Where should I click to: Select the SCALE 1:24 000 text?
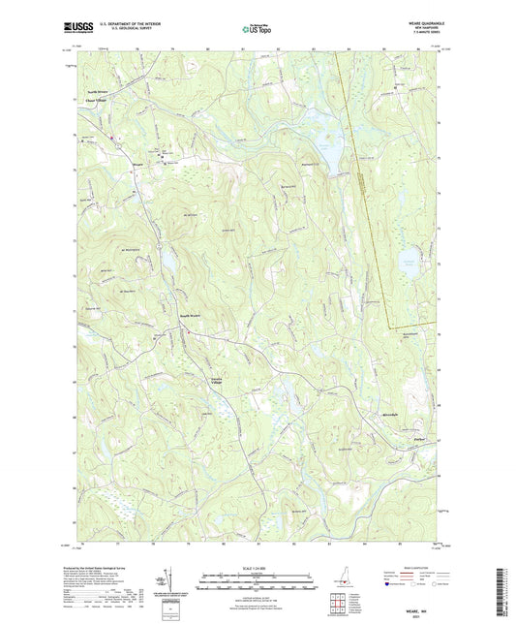click(x=258, y=567)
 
